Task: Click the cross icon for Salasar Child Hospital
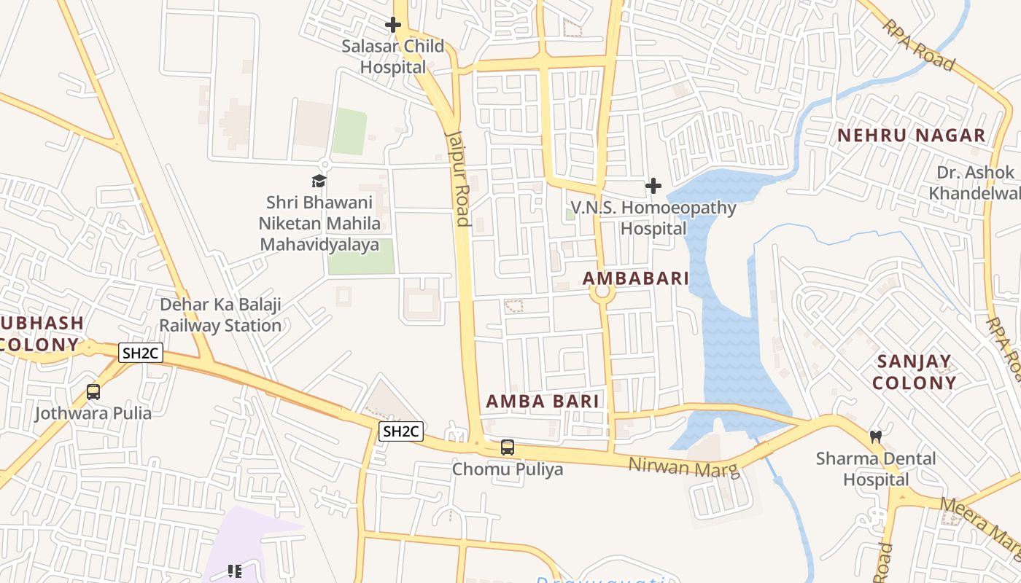coord(393,26)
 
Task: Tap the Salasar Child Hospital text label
coord(393,57)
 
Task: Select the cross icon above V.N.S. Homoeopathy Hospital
coord(653,187)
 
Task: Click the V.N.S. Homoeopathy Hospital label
coord(653,218)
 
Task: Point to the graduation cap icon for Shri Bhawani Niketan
coord(319,181)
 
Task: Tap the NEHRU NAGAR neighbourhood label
coord(911,136)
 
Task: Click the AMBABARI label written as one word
coord(636,278)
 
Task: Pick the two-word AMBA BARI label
coord(543,402)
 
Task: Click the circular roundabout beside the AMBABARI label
coord(602,293)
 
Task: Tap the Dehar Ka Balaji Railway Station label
coord(220,315)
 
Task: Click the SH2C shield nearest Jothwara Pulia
coord(141,353)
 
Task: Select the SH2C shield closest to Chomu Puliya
coord(401,431)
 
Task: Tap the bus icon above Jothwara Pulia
coord(93,392)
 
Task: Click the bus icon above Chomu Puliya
coord(508,447)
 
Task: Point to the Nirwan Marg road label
coord(684,467)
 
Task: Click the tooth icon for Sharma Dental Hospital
coord(876,437)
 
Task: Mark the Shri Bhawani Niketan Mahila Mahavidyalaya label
coord(319,223)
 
